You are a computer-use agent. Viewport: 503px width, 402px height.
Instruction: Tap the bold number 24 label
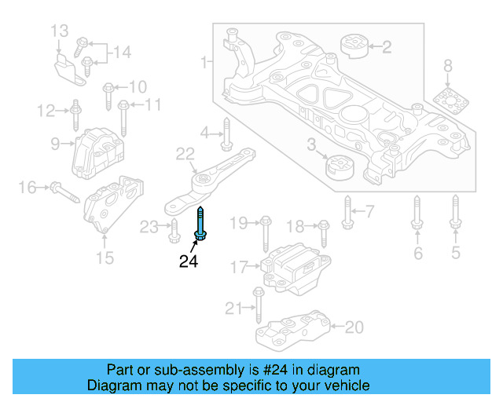[x=189, y=261]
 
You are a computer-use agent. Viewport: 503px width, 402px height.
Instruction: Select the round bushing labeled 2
[x=354, y=46]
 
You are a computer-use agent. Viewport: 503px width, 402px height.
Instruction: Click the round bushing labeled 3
[x=340, y=167]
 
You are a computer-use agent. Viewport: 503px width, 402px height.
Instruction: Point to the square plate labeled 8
[x=447, y=103]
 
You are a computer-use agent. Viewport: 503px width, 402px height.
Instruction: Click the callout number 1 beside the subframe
[x=204, y=60]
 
